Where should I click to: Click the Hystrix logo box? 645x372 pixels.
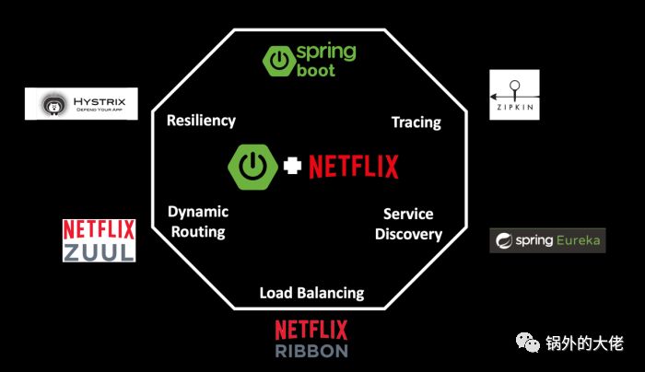tap(81, 103)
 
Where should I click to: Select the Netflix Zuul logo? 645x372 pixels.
tap(99, 239)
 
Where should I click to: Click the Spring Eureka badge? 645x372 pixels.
tap(547, 240)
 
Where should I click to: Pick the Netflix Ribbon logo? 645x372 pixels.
tap(311, 338)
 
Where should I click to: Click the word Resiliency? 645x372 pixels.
tap(201, 121)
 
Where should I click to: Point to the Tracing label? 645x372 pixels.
tap(416, 122)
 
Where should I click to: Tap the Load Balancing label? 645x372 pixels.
tap(311, 293)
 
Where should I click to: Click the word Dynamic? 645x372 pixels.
tap(198, 212)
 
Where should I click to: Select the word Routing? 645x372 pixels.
tap(198, 231)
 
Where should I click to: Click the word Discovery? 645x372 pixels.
tap(408, 234)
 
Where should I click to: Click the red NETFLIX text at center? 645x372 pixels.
tap(354, 167)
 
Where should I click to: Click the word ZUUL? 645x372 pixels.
tap(99, 250)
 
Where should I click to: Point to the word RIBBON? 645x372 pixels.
tap(311, 351)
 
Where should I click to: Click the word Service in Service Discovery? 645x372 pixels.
tap(408, 214)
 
